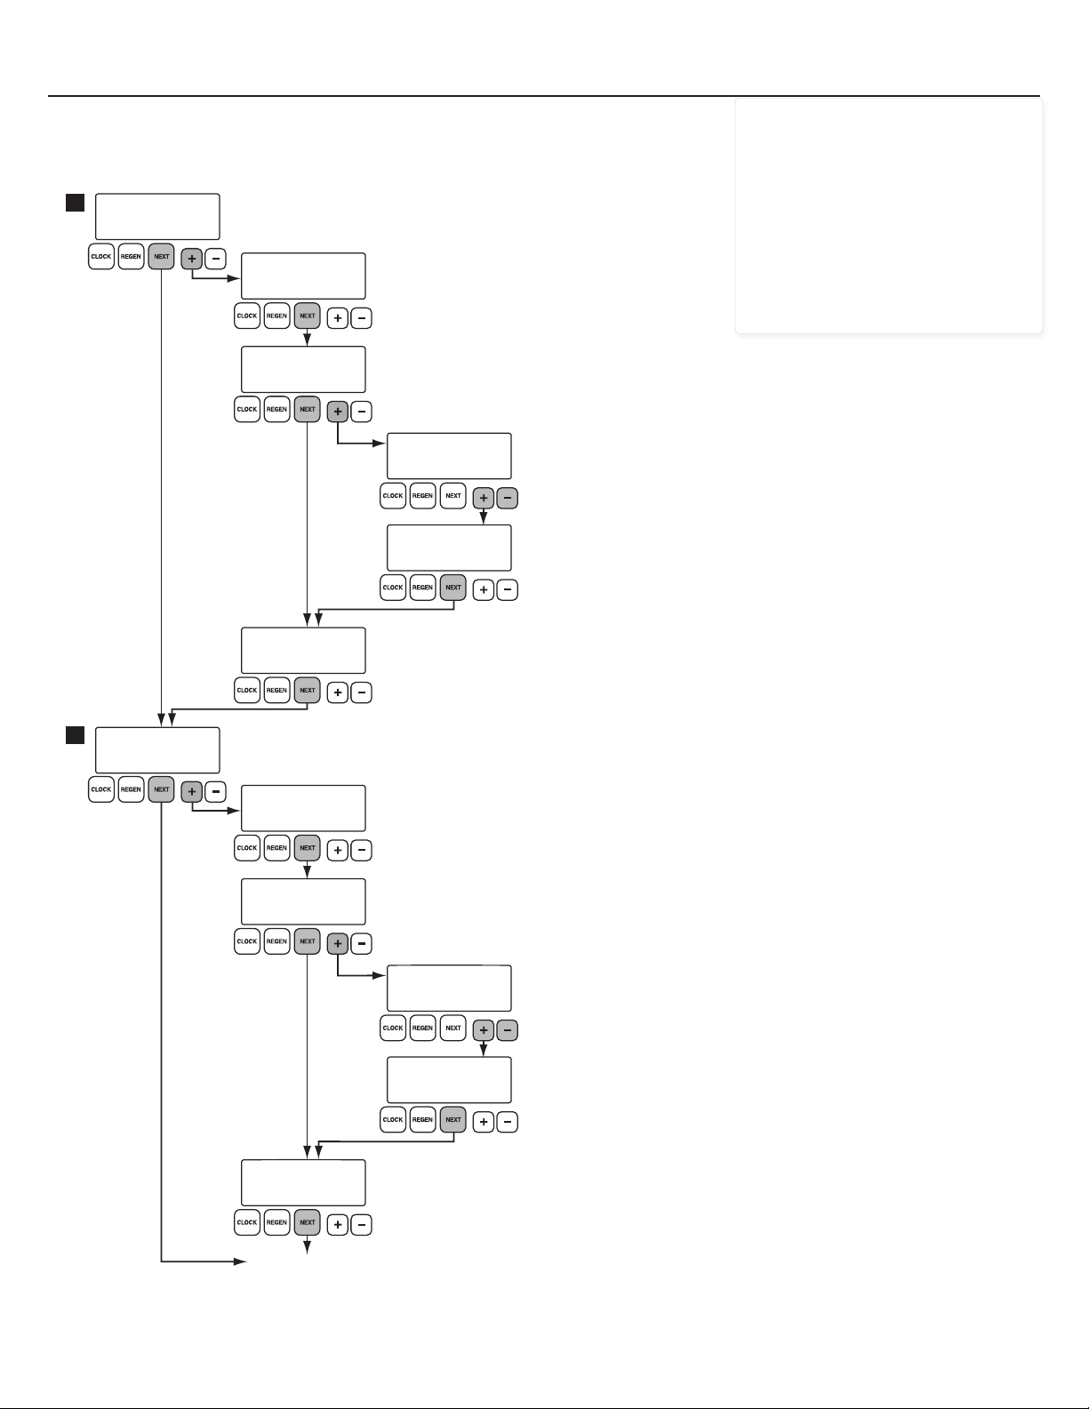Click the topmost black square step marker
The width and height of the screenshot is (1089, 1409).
coord(75,202)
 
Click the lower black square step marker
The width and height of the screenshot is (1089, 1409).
coord(75,735)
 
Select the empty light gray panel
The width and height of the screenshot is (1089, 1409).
coord(889,216)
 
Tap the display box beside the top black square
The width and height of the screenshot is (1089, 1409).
coord(157,216)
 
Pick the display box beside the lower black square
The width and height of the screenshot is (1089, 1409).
coord(157,750)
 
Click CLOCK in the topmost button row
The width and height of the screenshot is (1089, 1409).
coord(101,257)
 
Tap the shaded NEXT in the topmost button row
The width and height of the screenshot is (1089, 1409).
coord(161,257)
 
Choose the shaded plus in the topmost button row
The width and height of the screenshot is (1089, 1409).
coord(192,259)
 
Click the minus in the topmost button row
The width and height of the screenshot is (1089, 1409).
coord(216,259)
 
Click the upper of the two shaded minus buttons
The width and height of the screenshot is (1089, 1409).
coord(507,498)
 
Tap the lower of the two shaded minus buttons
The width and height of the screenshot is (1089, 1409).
coord(507,1030)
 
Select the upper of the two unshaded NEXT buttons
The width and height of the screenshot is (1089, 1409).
coord(453,496)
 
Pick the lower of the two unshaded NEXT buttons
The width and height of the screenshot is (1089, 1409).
coord(453,1029)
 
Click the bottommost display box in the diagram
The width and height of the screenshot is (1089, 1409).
coord(303,1182)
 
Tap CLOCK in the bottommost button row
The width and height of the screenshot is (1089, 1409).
coord(247,1222)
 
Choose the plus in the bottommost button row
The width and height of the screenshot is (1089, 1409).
coord(337,1225)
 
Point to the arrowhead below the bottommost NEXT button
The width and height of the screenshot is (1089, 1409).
coord(308,1248)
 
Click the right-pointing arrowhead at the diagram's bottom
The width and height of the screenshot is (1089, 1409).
coord(240,1261)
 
